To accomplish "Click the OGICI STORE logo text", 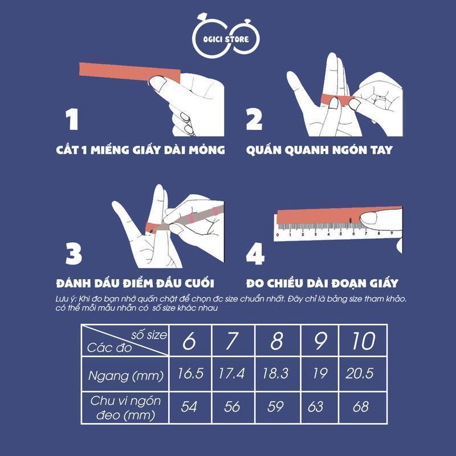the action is [226, 39].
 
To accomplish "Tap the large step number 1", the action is [72, 119].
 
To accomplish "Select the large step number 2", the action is [254, 119].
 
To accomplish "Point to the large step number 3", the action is [74, 254].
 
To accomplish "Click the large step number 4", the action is [255, 254].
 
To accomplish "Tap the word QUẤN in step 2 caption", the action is [263, 149].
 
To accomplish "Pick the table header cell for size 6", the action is [190, 340].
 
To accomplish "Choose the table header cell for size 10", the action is [363, 340].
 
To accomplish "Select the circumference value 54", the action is [189, 406].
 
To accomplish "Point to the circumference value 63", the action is [316, 406].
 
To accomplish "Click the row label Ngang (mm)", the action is [125, 376].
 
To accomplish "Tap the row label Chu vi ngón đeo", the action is [125, 408].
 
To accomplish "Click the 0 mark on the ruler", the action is [278, 235].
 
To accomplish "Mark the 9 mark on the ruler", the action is [392, 233].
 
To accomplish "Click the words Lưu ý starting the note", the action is [66, 299].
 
